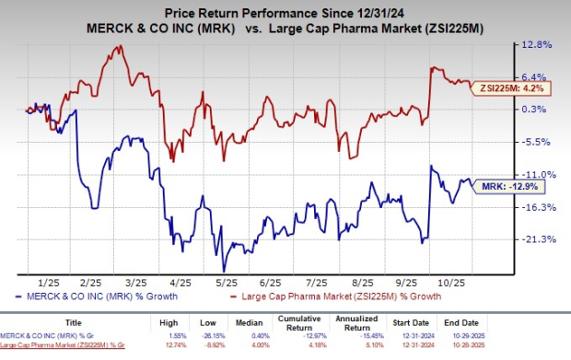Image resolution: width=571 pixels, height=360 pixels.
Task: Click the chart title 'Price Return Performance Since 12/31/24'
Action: (x=285, y=12)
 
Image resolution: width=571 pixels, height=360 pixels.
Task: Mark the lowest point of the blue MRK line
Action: (x=221, y=270)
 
